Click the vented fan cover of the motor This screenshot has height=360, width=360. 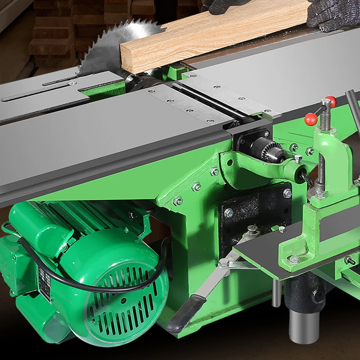click(126, 292)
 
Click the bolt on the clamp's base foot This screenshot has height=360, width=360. click(294, 260)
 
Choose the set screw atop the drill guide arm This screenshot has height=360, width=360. click(298, 158)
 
